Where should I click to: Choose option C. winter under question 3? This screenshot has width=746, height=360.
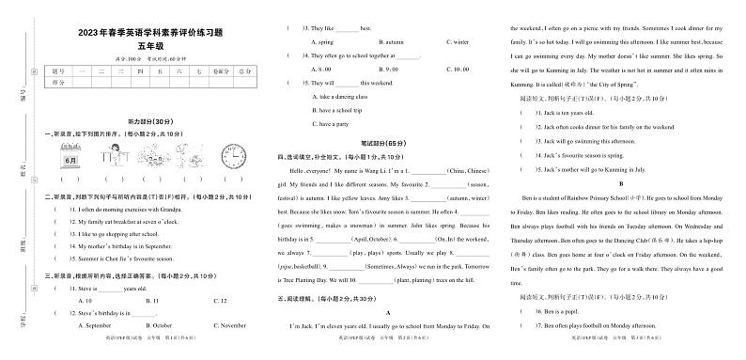click(456, 42)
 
